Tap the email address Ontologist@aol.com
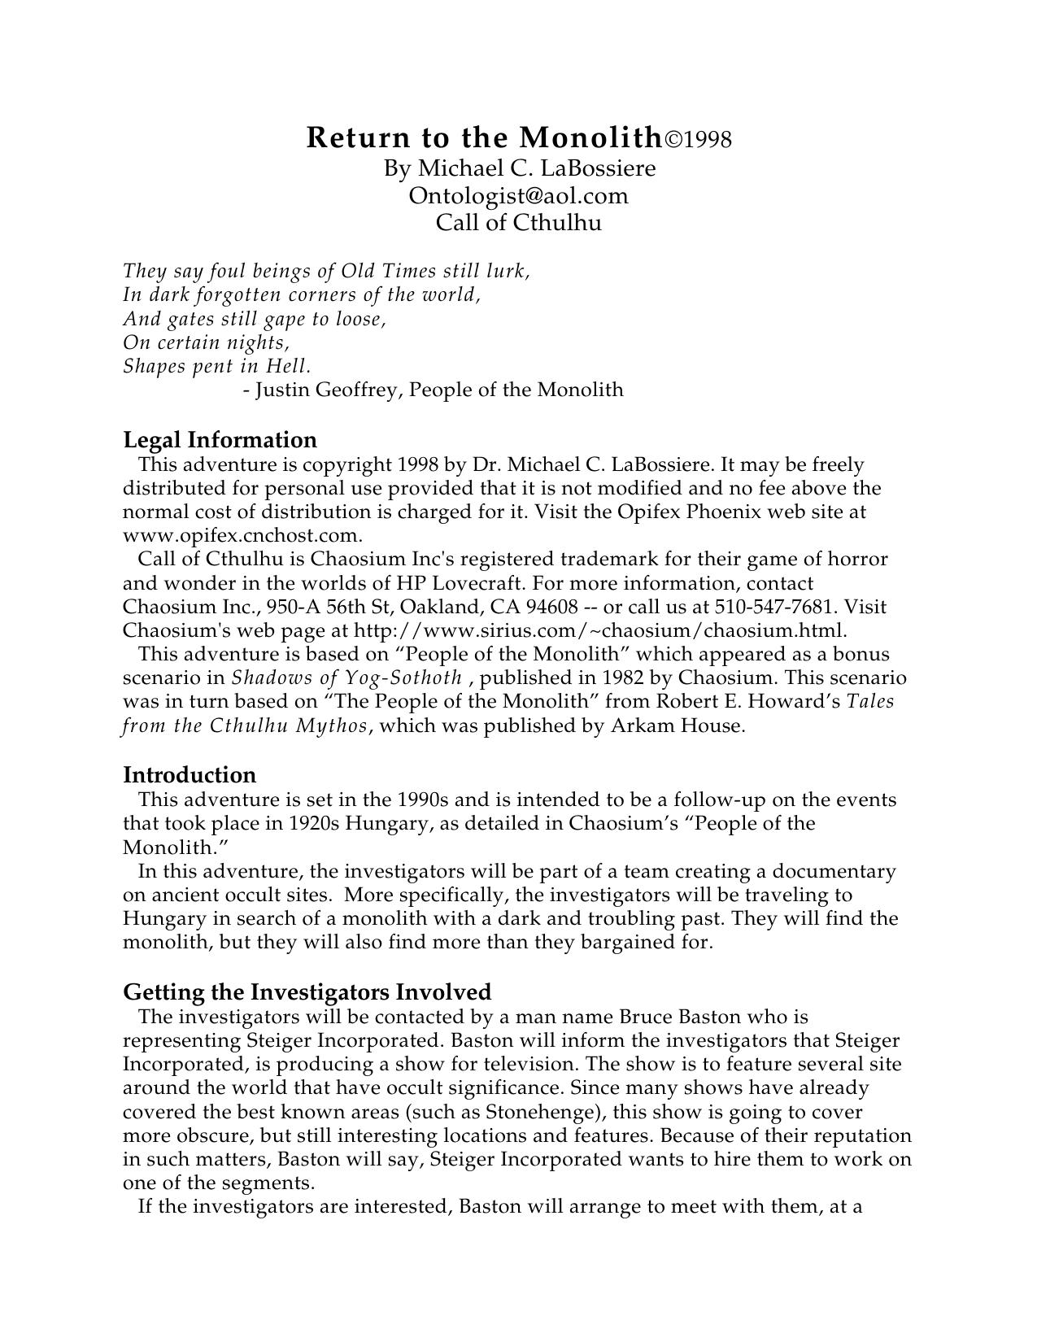[519, 196]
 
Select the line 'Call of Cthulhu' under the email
[519, 222]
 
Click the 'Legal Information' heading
[220, 440]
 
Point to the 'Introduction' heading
[190, 774]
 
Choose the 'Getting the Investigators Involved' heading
[307, 992]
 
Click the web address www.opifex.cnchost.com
[242, 535]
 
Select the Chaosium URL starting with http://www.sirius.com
[599, 630]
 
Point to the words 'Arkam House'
[676, 725]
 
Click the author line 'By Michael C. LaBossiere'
[520, 168]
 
